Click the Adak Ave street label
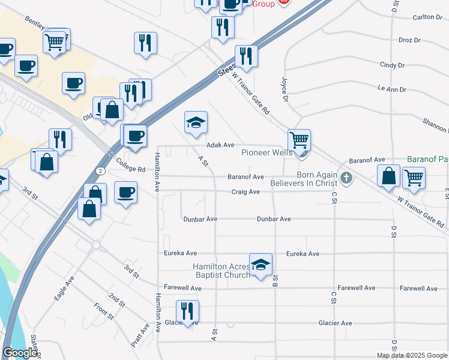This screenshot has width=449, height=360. click(220, 145)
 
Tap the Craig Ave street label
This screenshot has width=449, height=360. click(246, 192)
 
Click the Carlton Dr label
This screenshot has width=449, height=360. click(427, 17)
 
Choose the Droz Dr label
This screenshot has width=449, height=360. click(409, 40)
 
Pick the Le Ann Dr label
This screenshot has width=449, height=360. click(391, 89)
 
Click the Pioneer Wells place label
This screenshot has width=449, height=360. click(267, 152)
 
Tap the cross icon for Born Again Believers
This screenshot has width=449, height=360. click(346, 178)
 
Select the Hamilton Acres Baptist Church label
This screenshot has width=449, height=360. click(221, 271)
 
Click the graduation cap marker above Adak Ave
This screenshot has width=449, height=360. click(196, 123)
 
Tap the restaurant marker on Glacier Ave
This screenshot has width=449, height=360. click(187, 311)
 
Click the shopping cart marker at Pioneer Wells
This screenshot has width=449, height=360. click(299, 141)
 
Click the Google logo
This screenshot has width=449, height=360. click(20, 353)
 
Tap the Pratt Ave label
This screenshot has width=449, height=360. click(140, 336)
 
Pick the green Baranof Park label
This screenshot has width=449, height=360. click(427, 159)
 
